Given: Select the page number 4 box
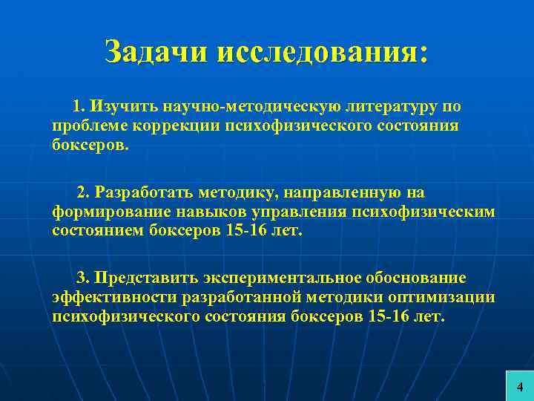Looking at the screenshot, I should point(519,386).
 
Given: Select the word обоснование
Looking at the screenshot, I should point(415,278).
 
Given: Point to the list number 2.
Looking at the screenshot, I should point(82,193).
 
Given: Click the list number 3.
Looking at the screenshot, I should point(82,278).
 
